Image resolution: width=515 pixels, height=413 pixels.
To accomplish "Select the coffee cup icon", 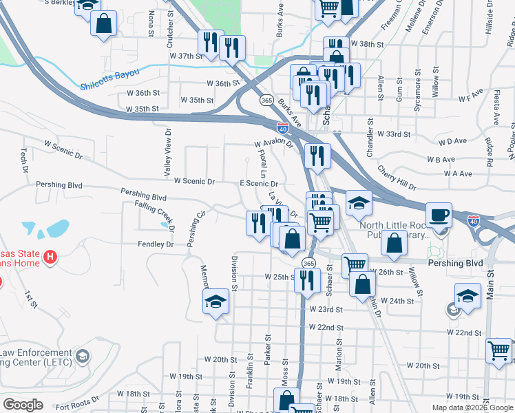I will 440,215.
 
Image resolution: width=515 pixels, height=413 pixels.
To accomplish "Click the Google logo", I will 23,405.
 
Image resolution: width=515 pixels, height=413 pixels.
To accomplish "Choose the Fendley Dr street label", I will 156,244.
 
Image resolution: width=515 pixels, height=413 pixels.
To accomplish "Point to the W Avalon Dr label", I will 275,144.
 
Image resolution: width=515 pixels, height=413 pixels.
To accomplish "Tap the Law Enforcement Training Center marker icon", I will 83,356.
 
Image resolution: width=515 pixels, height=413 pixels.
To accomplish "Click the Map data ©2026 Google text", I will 472,407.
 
